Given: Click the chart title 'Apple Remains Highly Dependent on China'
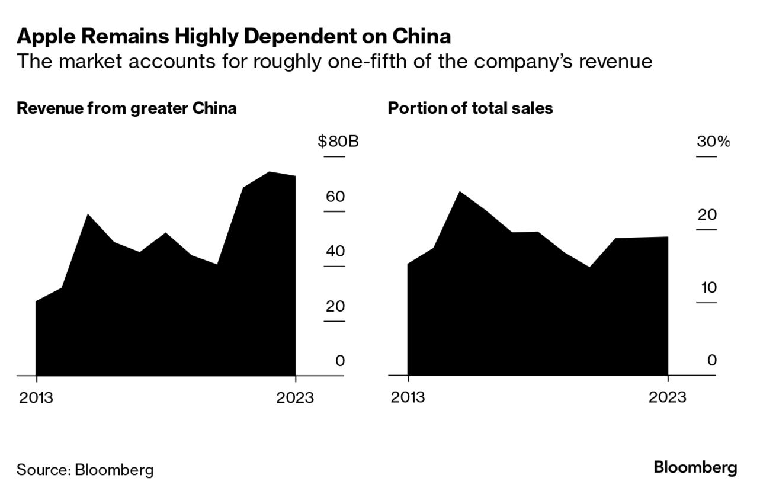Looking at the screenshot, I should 234,37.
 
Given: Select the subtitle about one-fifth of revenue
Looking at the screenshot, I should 335,62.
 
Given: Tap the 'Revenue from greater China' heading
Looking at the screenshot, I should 127,108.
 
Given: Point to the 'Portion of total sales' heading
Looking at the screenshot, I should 470,108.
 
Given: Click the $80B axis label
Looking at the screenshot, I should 338,142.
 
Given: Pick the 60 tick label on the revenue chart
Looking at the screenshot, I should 335,197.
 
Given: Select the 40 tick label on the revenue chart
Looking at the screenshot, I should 335,251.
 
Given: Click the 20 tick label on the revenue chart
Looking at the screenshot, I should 335,306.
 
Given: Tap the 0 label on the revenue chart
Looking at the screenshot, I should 340,360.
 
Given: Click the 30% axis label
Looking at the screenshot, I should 713,142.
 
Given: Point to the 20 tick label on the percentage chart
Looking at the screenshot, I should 707,215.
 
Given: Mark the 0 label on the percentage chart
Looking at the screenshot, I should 712,360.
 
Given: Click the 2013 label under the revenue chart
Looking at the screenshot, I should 36,397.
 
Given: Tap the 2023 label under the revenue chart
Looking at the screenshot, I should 295,397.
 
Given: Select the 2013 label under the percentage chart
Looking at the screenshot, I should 408,397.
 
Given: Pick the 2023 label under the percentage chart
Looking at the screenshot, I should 667,397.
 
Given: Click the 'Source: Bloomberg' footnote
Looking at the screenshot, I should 85,470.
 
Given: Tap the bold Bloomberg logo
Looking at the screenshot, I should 695,468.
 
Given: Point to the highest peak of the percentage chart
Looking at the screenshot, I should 460,193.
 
